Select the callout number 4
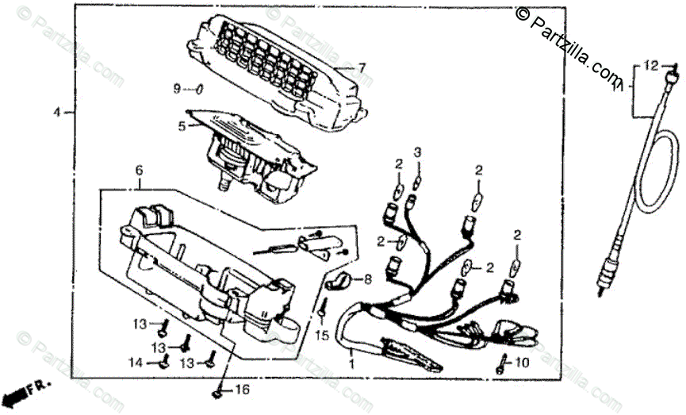pyautogui.click(x=57, y=113)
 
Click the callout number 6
pyautogui.click(x=139, y=171)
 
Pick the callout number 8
pyautogui.click(x=367, y=279)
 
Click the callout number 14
pyautogui.click(x=136, y=363)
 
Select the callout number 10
pyautogui.click(x=520, y=363)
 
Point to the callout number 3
pyautogui.click(x=417, y=152)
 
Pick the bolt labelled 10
pyautogui.click(x=500, y=365)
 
